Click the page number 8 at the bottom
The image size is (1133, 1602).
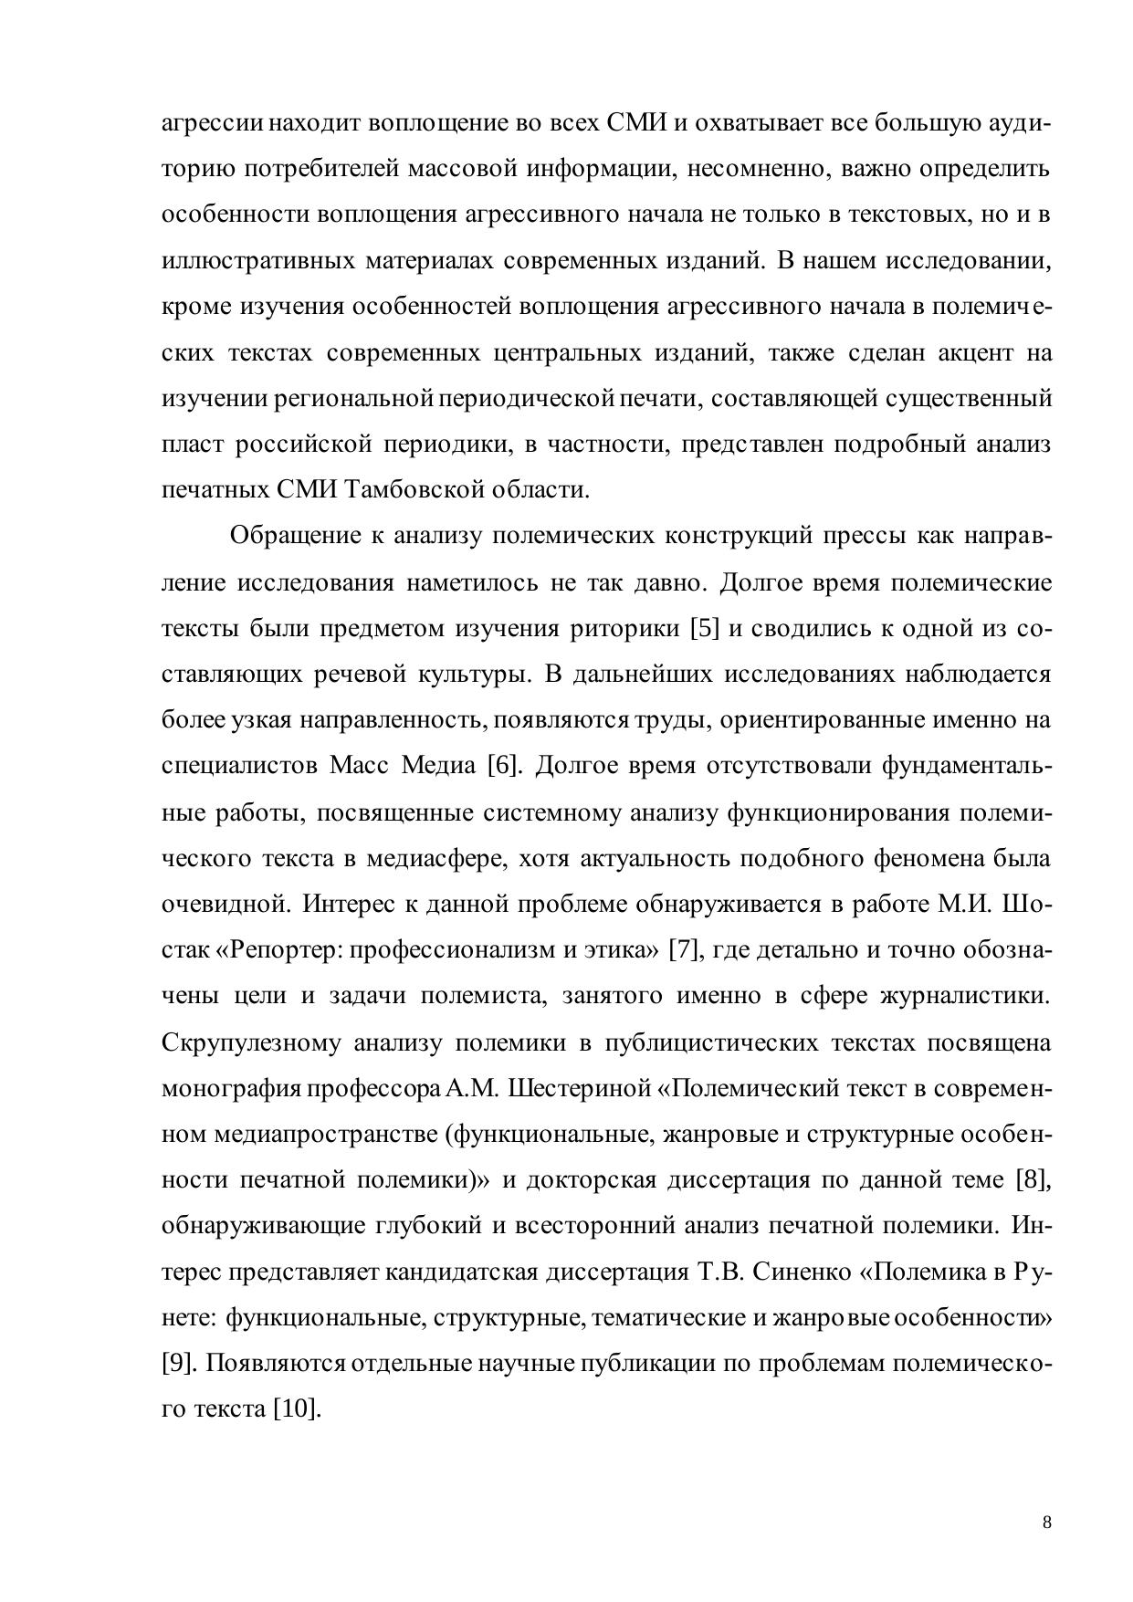coord(1046,1522)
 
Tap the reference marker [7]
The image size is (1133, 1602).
coord(685,949)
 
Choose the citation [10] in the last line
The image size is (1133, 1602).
coord(297,1408)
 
